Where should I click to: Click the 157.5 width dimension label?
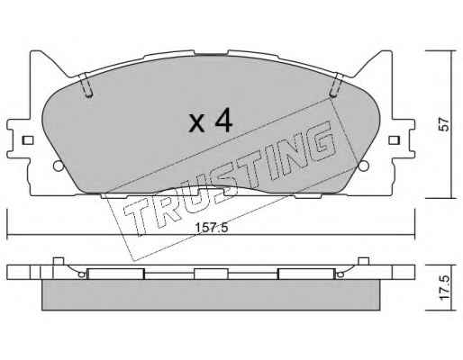click(x=212, y=228)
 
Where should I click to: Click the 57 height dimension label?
click(x=444, y=124)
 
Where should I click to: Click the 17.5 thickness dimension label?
click(x=445, y=287)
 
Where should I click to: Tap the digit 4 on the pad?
click(x=222, y=121)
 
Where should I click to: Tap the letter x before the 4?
click(x=196, y=123)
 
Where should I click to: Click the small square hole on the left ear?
click(x=28, y=140)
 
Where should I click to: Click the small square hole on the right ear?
click(x=394, y=140)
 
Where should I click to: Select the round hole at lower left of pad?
click(x=59, y=166)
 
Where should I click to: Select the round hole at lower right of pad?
click(x=364, y=166)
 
